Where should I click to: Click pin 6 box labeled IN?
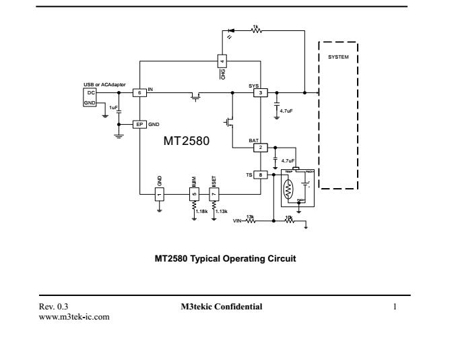(x=139, y=92)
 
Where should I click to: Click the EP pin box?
(x=139, y=125)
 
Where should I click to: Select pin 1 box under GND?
(x=160, y=194)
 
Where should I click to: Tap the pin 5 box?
(x=195, y=194)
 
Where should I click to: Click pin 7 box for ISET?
(x=214, y=194)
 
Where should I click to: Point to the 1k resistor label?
(x=255, y=26)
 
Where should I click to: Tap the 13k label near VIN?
(x=251, y=216)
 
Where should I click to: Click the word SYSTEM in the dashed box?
(x=338, y=57)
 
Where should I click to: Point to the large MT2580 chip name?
(x=187, y=142)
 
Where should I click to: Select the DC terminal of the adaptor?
(x=89, y=92)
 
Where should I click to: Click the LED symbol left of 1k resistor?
(x=232, y=31)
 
